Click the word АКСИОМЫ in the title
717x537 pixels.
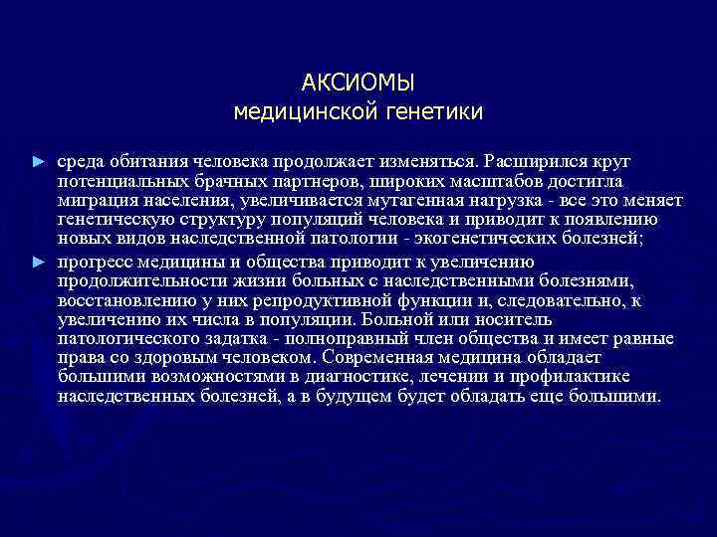pos(358,81)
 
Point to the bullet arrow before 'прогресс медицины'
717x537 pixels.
pos(39,263)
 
